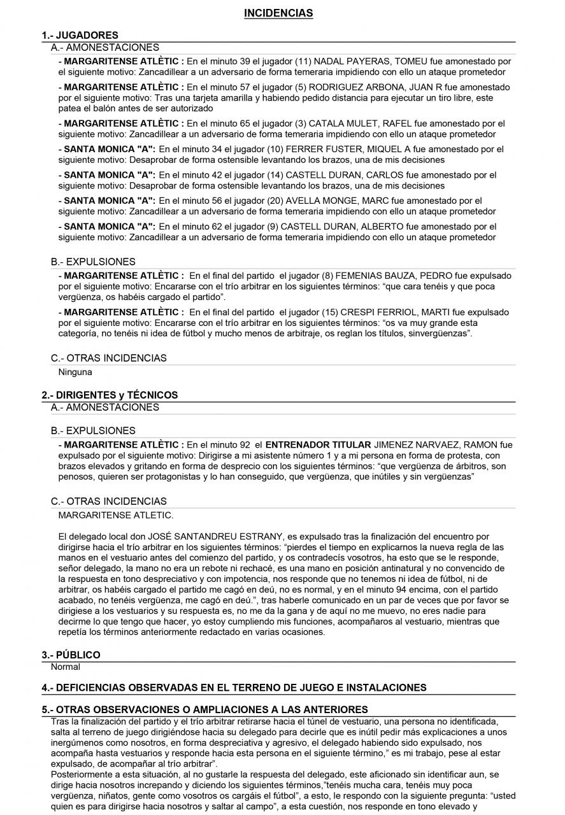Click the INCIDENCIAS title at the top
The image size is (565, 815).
(x=278, y=13)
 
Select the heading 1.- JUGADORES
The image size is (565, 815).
(x=80, y=36)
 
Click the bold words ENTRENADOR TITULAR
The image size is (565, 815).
(x=318, y=444)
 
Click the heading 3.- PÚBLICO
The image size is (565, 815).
(x=71, y=655)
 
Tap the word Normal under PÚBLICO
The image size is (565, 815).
(x=65, y=667)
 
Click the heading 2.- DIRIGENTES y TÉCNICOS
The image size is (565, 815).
(x=110, y=395)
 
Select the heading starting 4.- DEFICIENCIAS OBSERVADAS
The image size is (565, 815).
(x=234, y=688)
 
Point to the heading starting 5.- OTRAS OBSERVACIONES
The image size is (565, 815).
(x=204, y=709)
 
